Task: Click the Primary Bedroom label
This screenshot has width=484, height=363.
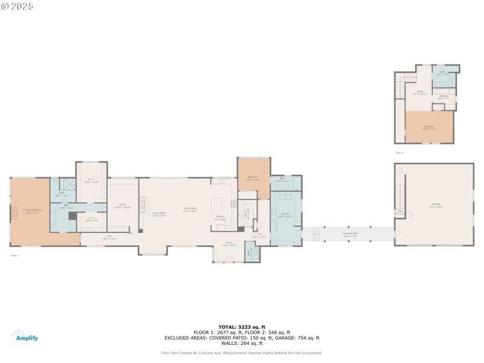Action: pyautogui.click(x=31, y=212)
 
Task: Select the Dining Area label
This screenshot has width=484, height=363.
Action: pyautogui.click(x=191, y=210)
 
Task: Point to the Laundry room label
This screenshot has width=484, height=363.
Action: pyautogui.click(x=285, y=215)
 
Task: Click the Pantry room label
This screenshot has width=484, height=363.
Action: pyautogui.click(x=247, y=213)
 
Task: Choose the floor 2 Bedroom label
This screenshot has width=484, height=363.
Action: pyautogui.click(x=429, y=127)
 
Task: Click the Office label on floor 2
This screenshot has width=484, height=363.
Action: pyautogui.click(x=419, y=93)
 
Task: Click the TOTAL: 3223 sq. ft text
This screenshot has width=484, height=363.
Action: pyautogui.click(x=242, y=327)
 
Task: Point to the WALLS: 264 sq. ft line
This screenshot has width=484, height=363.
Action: pyautogui.click(x=242, y=343)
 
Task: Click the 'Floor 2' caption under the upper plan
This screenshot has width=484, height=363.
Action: pyautogui.click(x=399, y=152)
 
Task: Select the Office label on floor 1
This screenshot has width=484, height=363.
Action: pyautogui.click(x=122, y=206)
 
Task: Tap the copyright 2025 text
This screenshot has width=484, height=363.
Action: pyautogui.click(x=18, y=5)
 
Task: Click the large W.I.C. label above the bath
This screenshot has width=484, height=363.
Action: pyautogui.click(x=91, y=180)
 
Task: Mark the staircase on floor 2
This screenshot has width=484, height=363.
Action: pyautogui.click(x=399, y=87)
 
